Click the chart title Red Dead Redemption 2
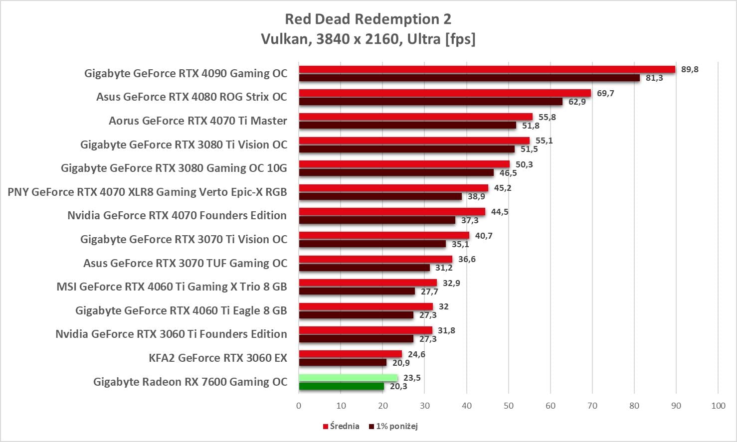368,19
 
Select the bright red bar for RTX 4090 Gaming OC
487,69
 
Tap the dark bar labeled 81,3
469,78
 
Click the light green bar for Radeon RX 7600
348,378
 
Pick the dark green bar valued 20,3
342,386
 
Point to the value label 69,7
605,93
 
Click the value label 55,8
547,117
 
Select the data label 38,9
476,196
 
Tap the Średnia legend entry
341,426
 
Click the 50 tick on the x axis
508,406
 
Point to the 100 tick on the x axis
718,406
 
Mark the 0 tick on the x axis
299,406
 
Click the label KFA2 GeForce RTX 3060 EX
218,358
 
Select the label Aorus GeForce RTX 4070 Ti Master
198,121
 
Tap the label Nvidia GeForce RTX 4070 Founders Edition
177,215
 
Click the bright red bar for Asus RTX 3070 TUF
375,259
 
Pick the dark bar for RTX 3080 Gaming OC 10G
396,173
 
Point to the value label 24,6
416,354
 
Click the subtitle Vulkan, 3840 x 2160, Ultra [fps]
368,39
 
